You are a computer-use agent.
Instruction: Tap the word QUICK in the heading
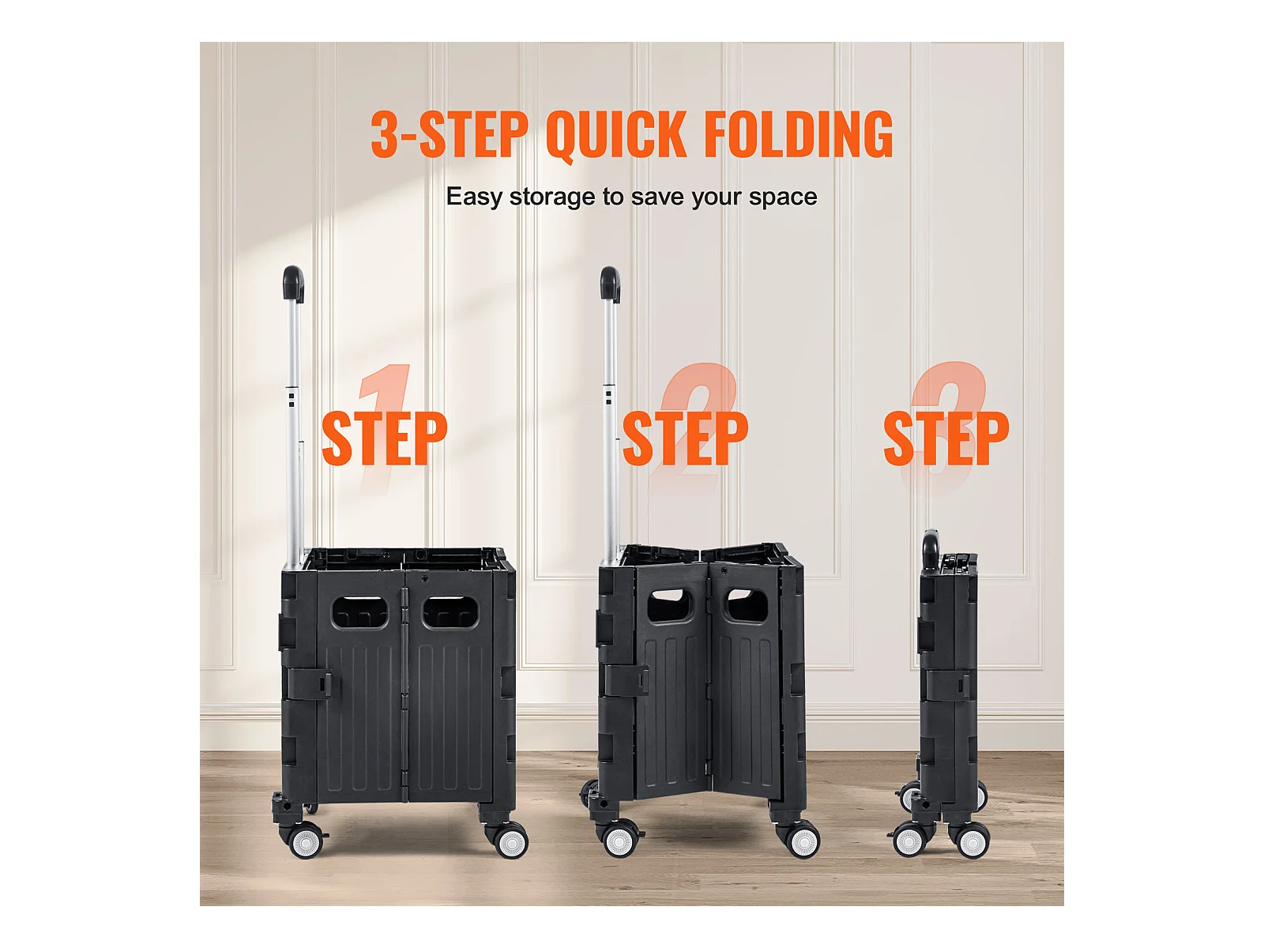coord(615,135)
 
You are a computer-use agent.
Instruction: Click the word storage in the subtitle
coord(552,197)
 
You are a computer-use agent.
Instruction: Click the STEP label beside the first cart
coord(384,438)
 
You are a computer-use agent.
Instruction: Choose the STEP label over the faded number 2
coord(685,438)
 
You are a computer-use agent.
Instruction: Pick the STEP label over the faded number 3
coord(946,438)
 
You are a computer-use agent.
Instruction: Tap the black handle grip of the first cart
coord(294,284)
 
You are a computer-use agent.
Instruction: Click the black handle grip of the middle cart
coord(611,284)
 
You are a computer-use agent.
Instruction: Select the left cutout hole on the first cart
coord(360,612)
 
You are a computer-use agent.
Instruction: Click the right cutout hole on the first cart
coord(450,612)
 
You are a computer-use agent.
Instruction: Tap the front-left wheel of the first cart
coord(307,840)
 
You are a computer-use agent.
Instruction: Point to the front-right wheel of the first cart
coord(511,841)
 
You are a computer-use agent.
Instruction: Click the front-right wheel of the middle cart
coord(803,841)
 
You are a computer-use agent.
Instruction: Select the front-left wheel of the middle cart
coord(620,840)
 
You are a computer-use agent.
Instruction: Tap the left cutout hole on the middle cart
coord(670,604)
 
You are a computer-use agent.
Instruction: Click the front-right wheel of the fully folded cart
coord(972,841)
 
